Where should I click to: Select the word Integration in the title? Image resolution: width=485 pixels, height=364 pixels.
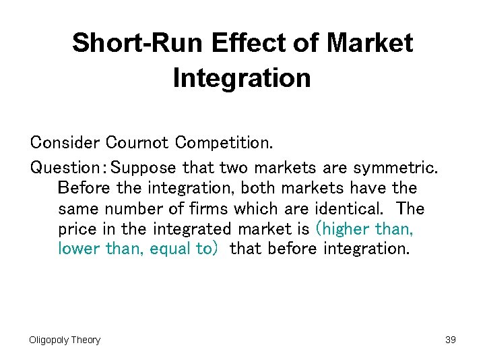(x=242, y=78)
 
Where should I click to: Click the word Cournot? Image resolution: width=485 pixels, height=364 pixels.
(x=138, y=143)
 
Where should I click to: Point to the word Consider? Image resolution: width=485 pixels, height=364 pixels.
(x=65, y=143)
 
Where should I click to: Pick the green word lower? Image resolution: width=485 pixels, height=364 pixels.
(x=80, y=249)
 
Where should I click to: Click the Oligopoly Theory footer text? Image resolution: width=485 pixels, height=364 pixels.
(x=65, y=340)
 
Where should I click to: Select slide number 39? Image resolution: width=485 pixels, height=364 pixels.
(x=451, y=340)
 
